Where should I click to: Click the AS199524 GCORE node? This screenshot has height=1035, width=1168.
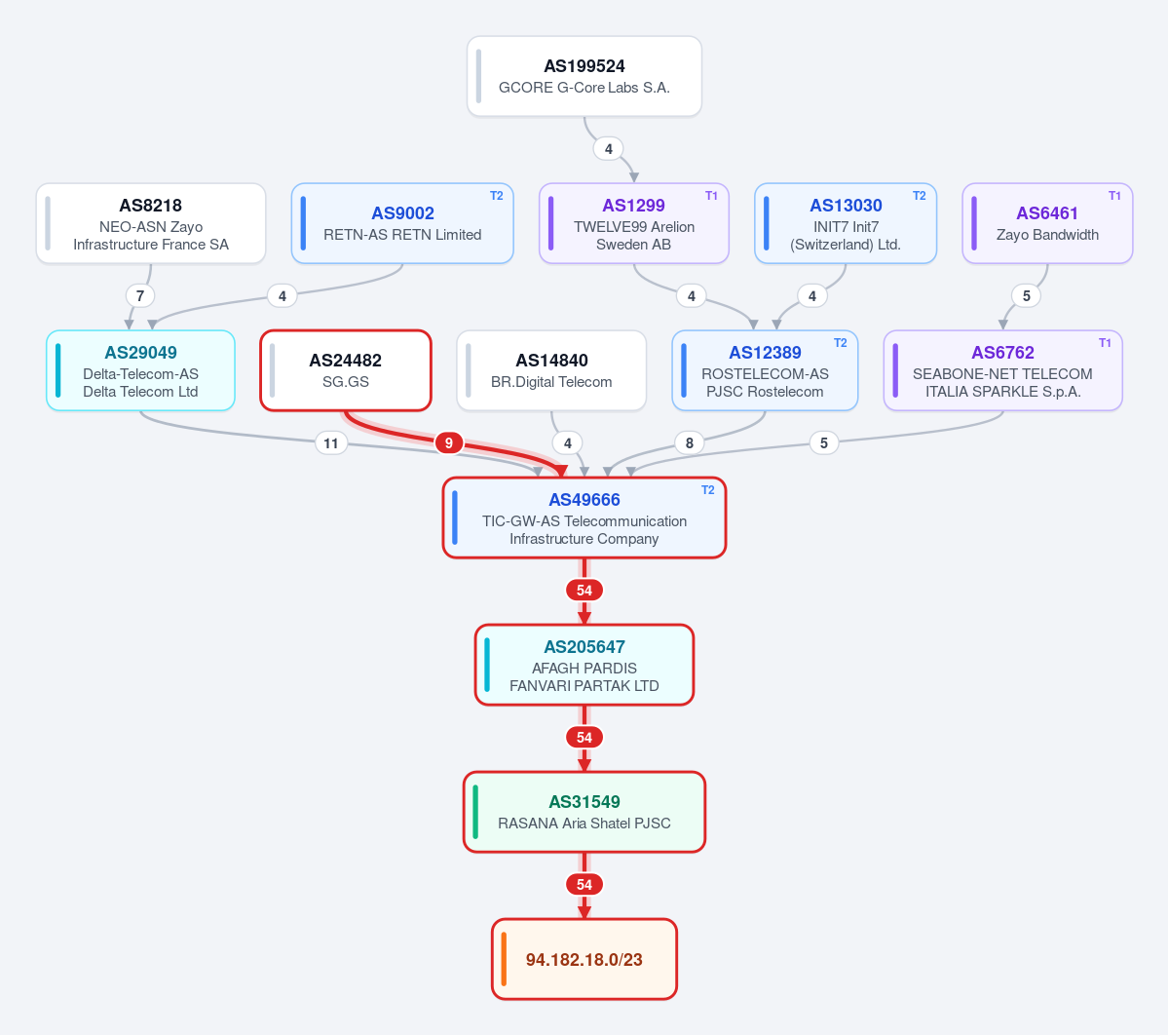coord(584,76)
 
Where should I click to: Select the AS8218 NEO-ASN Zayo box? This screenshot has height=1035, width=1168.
coord(151,223)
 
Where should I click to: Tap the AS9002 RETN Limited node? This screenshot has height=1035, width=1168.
coord(402,223)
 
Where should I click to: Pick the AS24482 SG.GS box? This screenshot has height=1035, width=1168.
coord(346,370)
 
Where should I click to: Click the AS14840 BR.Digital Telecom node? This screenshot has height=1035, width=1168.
coord(551,370)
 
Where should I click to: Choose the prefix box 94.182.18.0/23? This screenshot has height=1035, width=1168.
coord(584,959)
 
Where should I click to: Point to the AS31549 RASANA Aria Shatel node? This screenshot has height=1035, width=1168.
coord(584,812)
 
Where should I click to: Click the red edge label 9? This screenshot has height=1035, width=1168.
coord(448,443)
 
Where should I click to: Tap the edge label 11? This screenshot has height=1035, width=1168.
coord(331,443)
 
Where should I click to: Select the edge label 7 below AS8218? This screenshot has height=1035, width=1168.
coord(140,296)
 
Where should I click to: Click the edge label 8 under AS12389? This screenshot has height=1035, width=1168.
coord(690,443)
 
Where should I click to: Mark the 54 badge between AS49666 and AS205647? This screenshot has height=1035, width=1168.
coord(584,591)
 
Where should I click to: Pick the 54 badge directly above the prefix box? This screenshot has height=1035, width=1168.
coord(584,885)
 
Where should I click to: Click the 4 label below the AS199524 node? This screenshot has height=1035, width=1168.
coord(609,149)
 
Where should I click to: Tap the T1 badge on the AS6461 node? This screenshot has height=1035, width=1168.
coord(1114,196)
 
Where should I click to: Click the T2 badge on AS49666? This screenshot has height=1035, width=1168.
coord(707,490)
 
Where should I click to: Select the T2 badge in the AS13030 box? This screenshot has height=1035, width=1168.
coord(920,196)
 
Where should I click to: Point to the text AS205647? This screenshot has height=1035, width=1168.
coord(584,647)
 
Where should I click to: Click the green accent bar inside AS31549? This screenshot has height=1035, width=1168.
coord(475,812)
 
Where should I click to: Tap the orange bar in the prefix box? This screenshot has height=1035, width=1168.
coord(504,959)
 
